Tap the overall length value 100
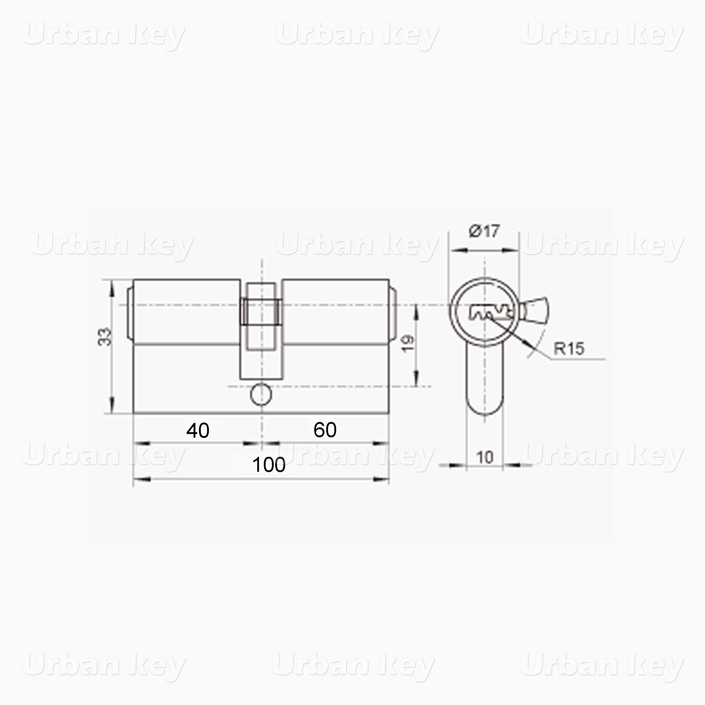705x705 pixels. [269, 465]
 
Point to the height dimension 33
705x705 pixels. [105, 337]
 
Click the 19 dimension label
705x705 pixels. [408, 343]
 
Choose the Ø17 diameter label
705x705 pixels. [484, 231]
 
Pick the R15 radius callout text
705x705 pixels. [569, 348]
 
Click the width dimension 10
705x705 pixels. [485, 457]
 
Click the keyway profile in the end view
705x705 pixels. [491, 312]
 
